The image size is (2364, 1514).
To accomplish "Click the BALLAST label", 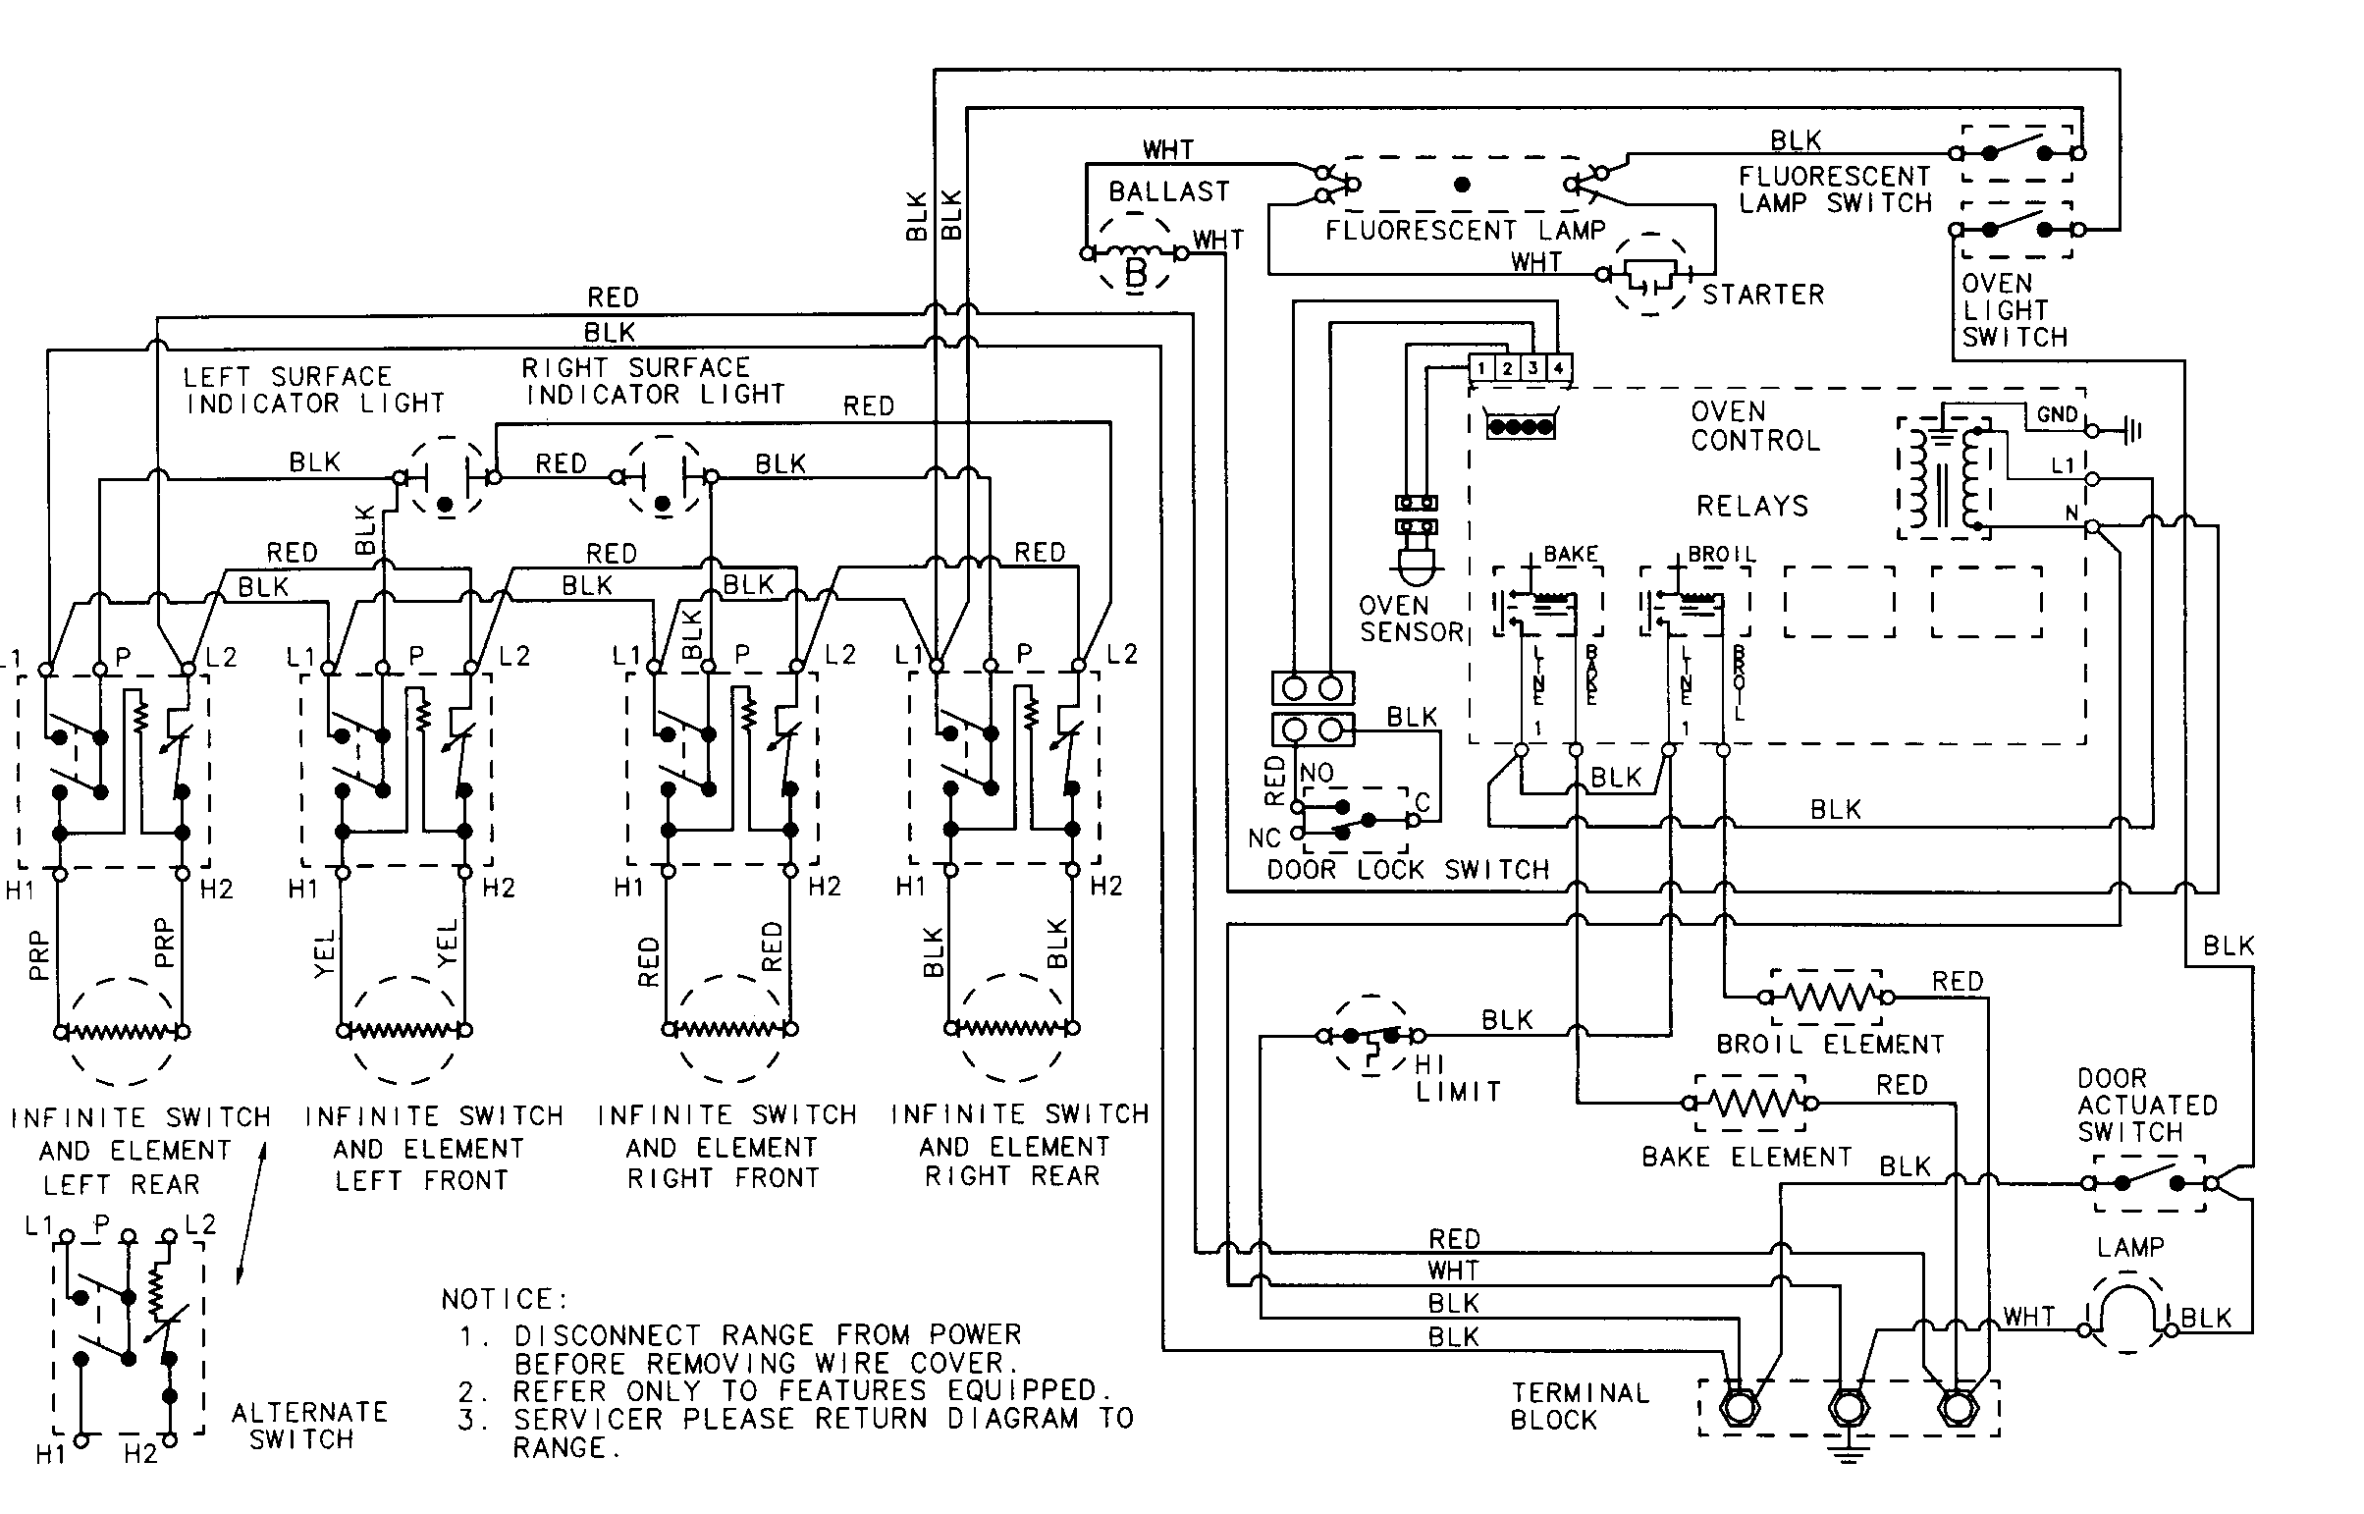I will tap(1167, 191).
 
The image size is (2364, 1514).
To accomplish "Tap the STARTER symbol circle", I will tap(1651, 274).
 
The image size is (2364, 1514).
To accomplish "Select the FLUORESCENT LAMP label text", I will tap(1465, 231).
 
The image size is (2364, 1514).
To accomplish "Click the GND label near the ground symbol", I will tap(2057, 415).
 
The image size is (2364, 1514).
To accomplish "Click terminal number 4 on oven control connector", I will tap(1559, 368).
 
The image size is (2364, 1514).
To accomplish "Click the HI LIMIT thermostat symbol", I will tap(1370, 1037).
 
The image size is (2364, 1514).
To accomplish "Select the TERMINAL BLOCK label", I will tap(1578, 1406).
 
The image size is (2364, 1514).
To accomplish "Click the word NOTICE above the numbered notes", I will tap(505, 1300).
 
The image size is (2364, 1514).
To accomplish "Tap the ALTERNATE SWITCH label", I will tap(308, 1426).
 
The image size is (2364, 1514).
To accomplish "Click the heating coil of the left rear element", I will tap(122, 1032).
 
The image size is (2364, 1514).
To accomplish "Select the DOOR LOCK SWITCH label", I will tap(1407, 870).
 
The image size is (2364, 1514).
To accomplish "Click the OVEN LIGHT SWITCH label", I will tap(2015, 310).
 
